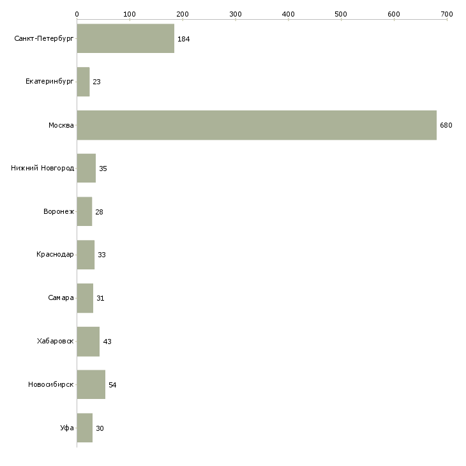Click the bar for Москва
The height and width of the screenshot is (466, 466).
[257, 125]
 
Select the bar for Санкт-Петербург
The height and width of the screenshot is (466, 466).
[126, 39]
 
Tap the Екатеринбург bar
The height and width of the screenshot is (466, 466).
[83, 82]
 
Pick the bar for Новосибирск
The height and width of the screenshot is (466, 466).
[91, 384]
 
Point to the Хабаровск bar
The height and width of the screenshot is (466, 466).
[88, 342]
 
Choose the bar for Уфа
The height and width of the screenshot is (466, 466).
[85, 428]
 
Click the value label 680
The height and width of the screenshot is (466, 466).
[446, 125]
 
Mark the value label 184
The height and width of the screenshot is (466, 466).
[184, 39]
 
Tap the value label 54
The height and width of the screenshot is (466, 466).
[112, 385]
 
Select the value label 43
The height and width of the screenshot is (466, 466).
[107, 342]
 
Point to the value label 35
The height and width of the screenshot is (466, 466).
[103, 169]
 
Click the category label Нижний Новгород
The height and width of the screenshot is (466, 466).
[43, 169]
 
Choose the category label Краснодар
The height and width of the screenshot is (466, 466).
[55, 255]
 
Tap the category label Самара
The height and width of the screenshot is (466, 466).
[61, 298]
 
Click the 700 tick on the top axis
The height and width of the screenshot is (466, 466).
[447, 13]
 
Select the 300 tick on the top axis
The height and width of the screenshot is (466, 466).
[236, 13]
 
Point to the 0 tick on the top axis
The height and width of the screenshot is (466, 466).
[77, 13]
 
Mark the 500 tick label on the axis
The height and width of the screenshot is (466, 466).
[341, 13]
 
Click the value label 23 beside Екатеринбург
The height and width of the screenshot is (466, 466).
[96, 82]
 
